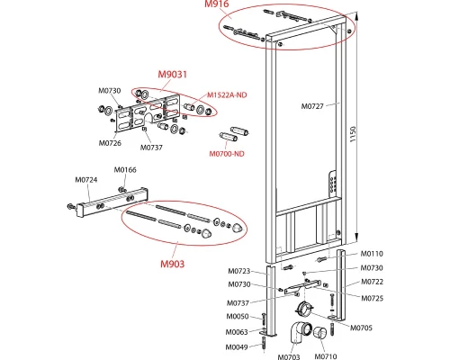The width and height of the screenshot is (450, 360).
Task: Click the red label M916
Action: [217, 4]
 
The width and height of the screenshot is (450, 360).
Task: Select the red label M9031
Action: [173, 74]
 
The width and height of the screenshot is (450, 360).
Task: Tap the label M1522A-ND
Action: [227, 95]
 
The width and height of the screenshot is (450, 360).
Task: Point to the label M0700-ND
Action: [227, 154]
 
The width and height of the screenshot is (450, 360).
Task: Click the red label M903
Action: [173, 264]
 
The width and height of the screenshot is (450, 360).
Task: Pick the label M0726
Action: [110, 143]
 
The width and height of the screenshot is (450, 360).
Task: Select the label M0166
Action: [125, 170]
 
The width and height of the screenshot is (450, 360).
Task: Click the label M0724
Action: [86, 180]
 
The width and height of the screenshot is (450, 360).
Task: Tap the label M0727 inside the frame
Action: [312, 106]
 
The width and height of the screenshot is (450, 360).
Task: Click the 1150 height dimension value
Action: [353, 134]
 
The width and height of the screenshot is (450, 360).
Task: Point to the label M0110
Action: [372, 254]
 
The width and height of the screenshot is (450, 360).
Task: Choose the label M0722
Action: [372, 282]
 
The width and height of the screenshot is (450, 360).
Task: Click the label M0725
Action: [372, 298]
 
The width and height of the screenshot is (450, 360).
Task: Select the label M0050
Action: [238, 316]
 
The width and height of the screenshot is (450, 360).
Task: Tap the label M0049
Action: [237, 347]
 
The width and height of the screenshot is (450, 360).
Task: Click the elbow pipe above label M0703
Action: [300, 336]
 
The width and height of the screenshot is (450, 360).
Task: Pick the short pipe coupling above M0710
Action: [320, 333]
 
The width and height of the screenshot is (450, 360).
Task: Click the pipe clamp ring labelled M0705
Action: [304, 309]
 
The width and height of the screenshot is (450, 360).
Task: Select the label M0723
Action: [239, 271]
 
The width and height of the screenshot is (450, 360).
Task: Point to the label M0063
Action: [237, 332]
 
